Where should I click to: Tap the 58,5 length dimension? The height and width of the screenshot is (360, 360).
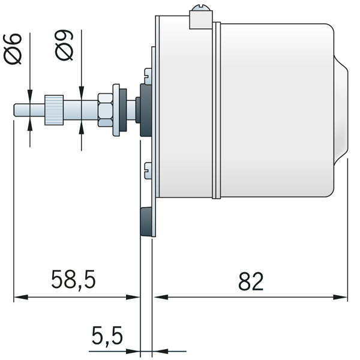pyautogui.click(x=73, y=280)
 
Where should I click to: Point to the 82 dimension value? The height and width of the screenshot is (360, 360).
pyautogui.click(x=251, y=280)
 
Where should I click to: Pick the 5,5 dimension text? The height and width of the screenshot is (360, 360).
pyautogui.click(x=107, y=335)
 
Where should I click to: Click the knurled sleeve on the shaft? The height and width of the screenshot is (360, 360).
pyautogui.click(x=54, y=109)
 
